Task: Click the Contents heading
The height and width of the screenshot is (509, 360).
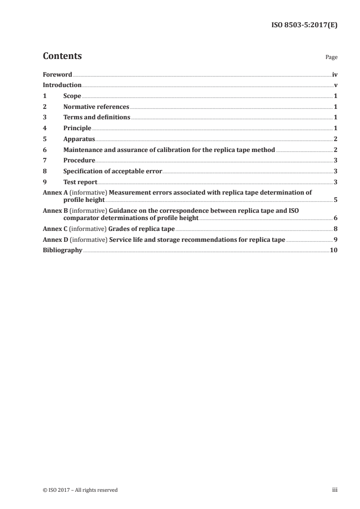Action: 62,56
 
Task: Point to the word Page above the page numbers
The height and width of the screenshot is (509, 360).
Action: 331,58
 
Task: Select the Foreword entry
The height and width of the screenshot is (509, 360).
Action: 57,74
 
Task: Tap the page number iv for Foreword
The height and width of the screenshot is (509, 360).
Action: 335,74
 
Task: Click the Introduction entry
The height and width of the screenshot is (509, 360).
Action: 62,85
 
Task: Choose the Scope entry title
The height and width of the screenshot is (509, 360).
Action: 72,96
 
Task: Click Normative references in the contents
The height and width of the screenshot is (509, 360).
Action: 96,107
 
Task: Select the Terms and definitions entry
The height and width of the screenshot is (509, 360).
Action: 97,117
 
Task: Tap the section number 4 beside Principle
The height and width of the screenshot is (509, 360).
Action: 44,128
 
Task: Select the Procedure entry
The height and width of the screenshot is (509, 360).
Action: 79,161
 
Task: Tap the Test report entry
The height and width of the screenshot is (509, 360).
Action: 80,182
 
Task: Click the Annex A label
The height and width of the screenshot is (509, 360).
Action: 54,192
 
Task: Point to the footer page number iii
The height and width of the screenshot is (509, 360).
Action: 335,490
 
